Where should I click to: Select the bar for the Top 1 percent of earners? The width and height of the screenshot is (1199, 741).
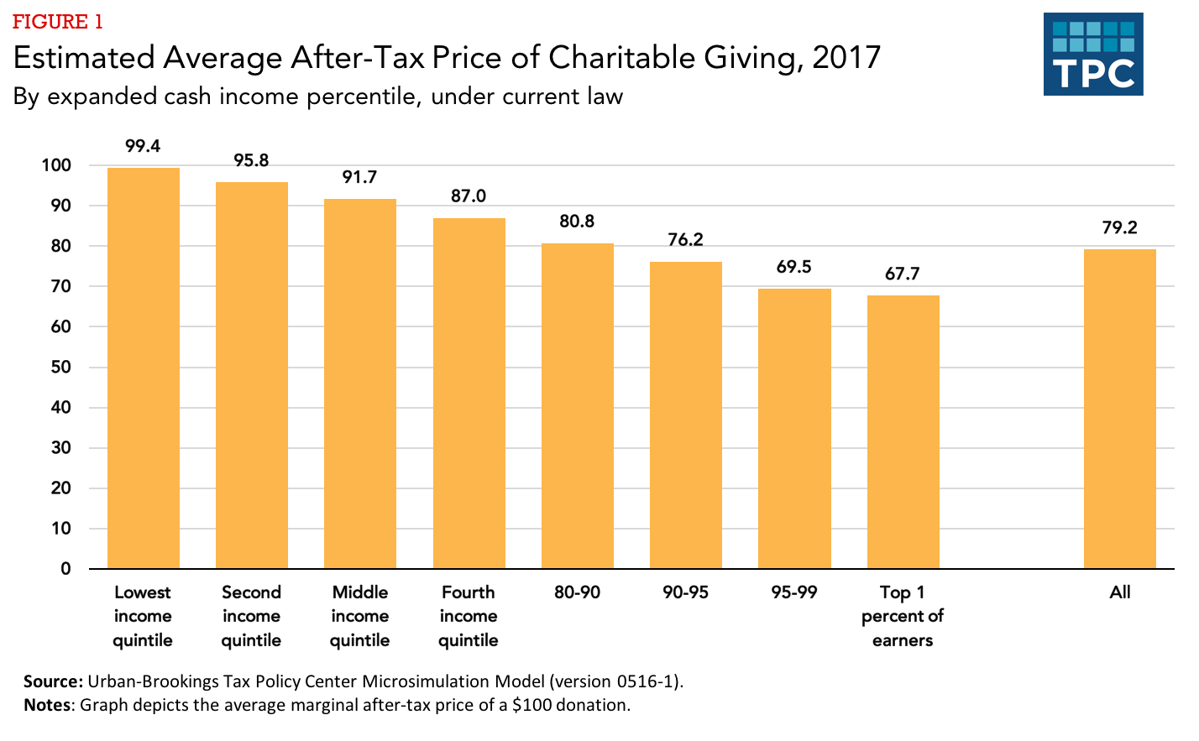903,431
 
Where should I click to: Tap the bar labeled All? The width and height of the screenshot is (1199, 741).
1119,409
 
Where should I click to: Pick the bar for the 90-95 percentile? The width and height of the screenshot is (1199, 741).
685,415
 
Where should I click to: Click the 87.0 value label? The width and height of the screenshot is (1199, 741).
469,196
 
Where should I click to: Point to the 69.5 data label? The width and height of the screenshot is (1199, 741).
793,267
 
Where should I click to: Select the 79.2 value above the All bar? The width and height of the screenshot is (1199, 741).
1119,227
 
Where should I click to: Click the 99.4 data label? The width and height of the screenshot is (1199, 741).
143,146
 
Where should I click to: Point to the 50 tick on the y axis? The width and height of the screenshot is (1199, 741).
61,367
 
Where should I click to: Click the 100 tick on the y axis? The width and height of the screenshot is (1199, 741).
56,165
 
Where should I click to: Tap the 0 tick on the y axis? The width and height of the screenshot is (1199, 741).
65,569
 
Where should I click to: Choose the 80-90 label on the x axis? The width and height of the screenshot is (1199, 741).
577,592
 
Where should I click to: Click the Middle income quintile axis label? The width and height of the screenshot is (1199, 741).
359,616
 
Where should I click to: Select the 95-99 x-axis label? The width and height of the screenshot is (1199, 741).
793,592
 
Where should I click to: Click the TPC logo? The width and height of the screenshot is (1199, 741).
1093,54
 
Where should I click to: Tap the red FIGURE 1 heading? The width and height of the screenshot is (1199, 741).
57,22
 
